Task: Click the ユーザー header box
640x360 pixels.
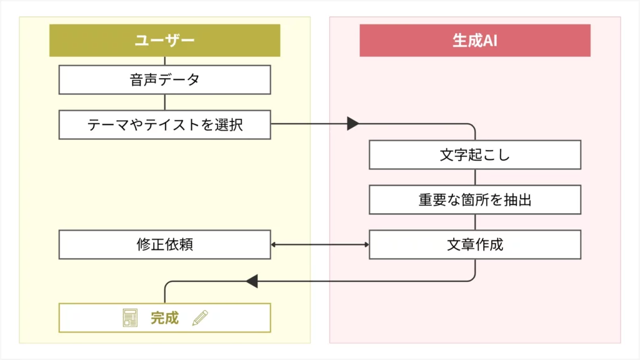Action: [x=164, y=41]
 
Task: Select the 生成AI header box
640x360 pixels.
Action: [x=475, y=41]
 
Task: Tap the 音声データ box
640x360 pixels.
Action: [x=164, y=80]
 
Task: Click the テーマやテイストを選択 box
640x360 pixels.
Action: [x=164, y=124]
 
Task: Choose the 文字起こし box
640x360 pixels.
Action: [x=475, y=155]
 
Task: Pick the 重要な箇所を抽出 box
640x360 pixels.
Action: [x=475, y=200]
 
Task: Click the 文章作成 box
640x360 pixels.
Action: [x=475, y=244]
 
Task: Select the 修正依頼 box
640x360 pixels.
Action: [x=164, y=244]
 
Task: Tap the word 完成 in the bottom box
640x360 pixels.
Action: [x=164, y=318]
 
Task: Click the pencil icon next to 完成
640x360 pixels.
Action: [x=200, y=318]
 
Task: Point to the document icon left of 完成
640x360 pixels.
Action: [x=130, y=318]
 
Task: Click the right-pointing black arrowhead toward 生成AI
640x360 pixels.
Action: [x=353, y=124]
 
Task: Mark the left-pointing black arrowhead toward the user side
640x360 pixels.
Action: [x=251, y=281]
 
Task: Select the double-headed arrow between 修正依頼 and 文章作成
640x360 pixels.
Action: [x=319, y=244]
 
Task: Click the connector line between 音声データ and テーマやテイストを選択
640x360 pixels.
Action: [x=164, y=102]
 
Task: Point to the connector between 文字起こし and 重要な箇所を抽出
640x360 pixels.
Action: [x=475, y=177]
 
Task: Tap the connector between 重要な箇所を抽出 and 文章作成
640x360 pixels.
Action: [x=475, y=222]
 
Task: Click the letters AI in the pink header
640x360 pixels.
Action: [x=491, y=41]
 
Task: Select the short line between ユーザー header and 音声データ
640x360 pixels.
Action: [x=164, y=61]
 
